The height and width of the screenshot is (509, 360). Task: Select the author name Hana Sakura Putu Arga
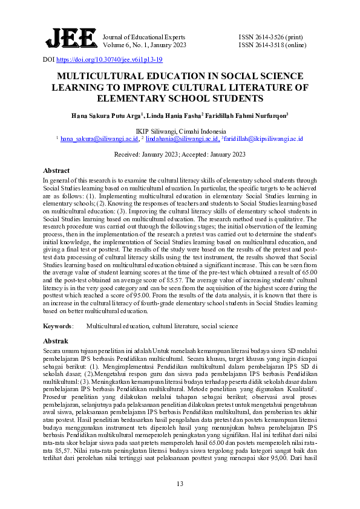coord(105,115)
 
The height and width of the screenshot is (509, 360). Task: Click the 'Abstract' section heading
coord(56,171)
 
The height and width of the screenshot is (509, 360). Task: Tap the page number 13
coord(180,483)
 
